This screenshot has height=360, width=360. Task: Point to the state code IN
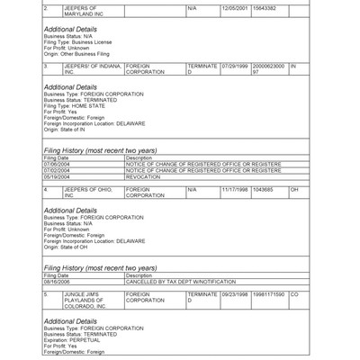coord(293,66)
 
